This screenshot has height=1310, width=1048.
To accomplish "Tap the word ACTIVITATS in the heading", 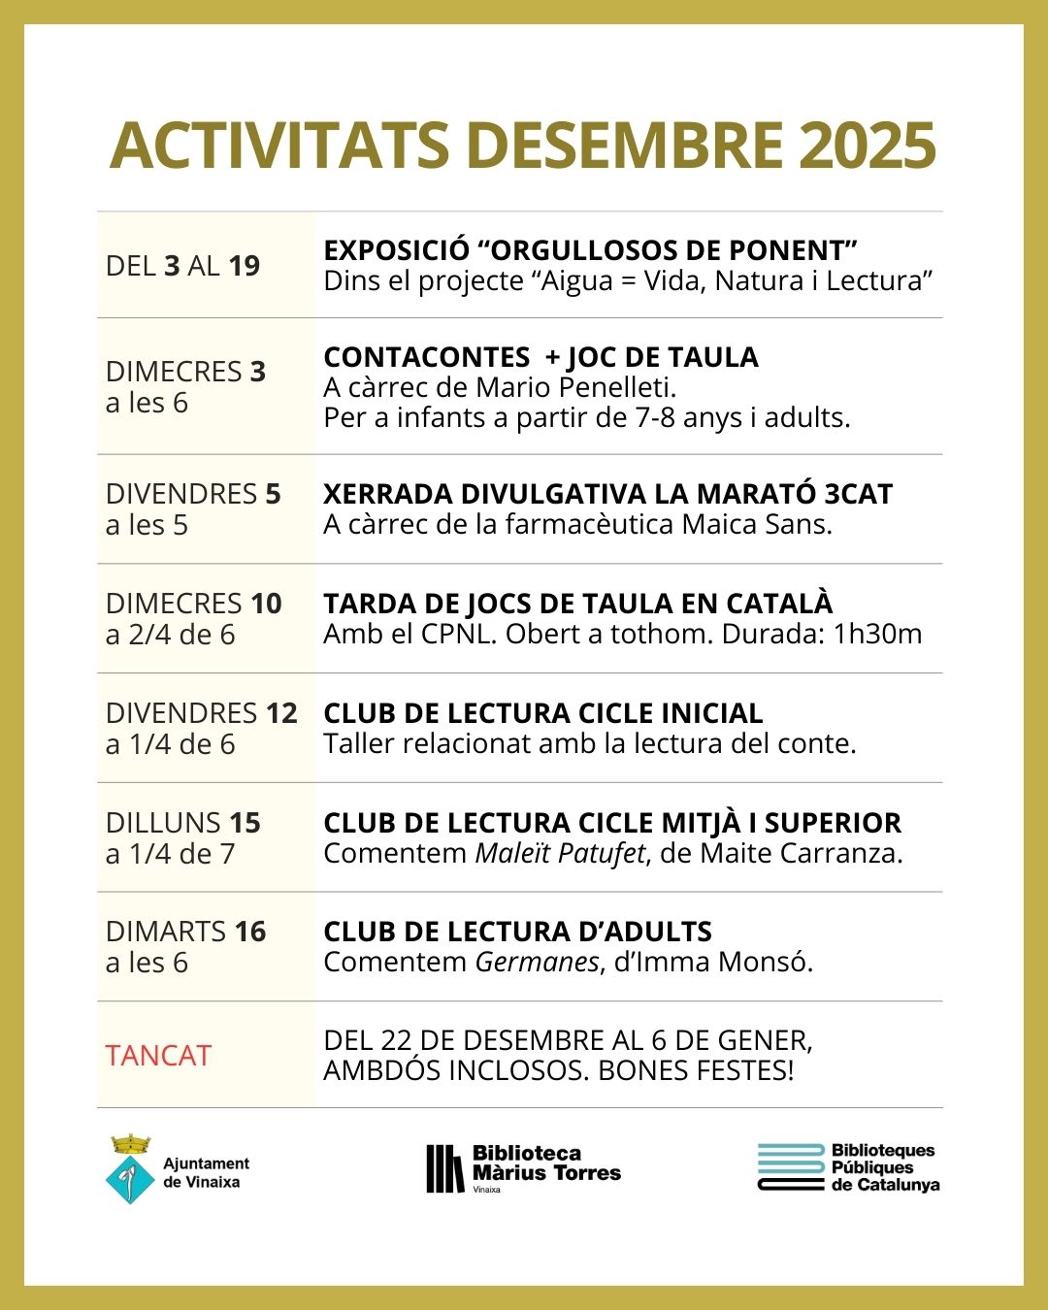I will tap(279, 146).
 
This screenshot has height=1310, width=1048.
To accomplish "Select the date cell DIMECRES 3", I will tap(185, 372).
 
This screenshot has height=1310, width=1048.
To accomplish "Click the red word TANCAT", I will tap(158, 1056).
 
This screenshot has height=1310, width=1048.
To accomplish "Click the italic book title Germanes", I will tap(537, 962).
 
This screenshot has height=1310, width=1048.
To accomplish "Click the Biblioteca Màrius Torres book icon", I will tap(444, 1168).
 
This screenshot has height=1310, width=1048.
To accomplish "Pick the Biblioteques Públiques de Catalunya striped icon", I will tap(791, 1166).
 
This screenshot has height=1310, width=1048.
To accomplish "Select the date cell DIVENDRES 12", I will tap(201, 713).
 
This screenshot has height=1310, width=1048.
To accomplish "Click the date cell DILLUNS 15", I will tap(183, 823).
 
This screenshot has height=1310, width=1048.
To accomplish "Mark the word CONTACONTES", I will tap(427, 357).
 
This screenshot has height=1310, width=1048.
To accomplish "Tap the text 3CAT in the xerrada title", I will tap(858, 494).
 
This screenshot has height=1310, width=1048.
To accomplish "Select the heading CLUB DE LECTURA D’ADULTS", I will tap(517, 932).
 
